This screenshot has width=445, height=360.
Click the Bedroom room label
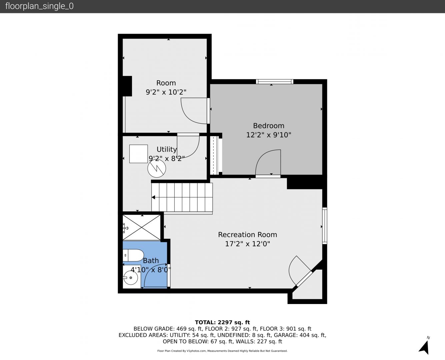pos(269,126)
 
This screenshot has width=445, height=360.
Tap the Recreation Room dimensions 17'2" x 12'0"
pos(248,244)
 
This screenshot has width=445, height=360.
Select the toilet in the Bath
pos(133,255)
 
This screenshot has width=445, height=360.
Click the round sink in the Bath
pos(131,278)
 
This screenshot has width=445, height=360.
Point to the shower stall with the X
pos(141,228)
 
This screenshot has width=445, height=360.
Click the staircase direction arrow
pos(153,197)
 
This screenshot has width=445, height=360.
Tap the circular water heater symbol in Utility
pos(157,168)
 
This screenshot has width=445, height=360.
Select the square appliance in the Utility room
pos(139,154)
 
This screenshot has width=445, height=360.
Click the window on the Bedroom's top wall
pos(275,81)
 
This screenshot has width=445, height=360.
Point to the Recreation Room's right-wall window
pos(325,226)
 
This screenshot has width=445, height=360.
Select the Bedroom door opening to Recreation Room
pos(268,163)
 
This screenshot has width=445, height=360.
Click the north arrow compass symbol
pos(424,347)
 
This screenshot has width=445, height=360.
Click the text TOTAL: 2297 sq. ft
pos(222,322)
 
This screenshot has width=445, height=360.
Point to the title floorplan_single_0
pos(39,6)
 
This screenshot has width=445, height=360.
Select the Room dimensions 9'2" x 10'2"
pos(166,92)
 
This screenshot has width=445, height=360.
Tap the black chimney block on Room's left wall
pos(127,86)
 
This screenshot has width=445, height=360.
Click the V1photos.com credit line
pos(222,351)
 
